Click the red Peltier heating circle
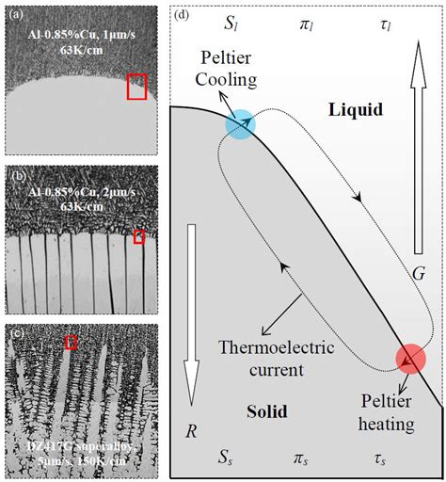[x=409, y=359]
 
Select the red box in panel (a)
[x=137, y=87]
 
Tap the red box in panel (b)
[x=139, y=236]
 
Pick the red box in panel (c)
[x=71, y=343]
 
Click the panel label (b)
[x=17, y=174]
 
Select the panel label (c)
[x=17, y=330]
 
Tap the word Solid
[x=267, y=411]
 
